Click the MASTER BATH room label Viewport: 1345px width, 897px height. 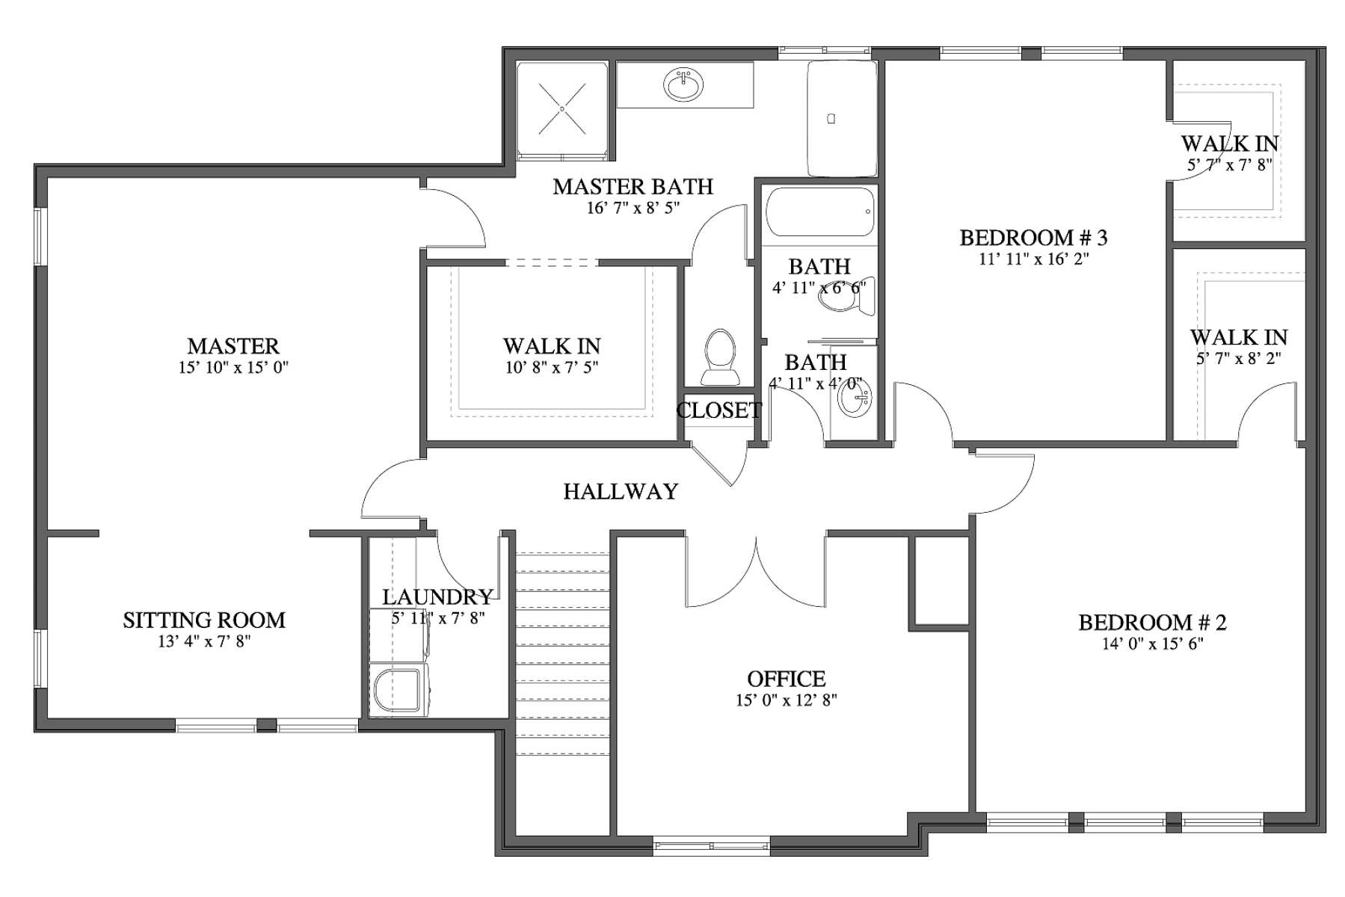pyautogui.click(x=633, y=186)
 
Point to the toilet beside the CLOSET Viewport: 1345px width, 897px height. pyautogui.click(x=720, y=357)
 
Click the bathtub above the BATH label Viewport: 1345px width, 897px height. pyautogui.click(x=819, y=212)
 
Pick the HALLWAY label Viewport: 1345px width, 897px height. pyautogui.click(x=621, y=491)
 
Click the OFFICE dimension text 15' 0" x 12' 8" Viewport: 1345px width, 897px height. pyautogui.click(x=786, y=700)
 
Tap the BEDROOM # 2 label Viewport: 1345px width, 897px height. pyautogui.click(x=1152, y=622)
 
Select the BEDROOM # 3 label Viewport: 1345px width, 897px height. pyautogui.click(x=1033, y=238)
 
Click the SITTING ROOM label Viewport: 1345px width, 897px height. pyautogui.click(x=204, y=620)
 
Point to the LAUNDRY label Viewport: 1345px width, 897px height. pyautogui.click(x=437, y=597)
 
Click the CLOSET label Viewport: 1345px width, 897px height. pyautogui.click(x=718, y=410)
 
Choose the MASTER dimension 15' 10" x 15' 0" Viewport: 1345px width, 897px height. pyautogui.click(x=233, y=367)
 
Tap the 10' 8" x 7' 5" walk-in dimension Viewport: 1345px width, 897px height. pyautogui.click(x=552, y=367)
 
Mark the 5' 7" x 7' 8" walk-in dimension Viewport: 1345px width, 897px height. pyautogui.click(x=1230, y=164)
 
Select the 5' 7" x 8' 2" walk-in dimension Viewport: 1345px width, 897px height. pyautogui.click(x=1239, y=358)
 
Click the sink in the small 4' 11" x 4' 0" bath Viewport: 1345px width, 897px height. pyautogui.click(x=852, y=397)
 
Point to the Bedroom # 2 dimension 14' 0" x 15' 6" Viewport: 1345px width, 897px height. pyautogui.click(x=1152, y=644)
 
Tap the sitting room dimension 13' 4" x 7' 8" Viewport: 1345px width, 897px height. pyautogui.click(x=204, y=641)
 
